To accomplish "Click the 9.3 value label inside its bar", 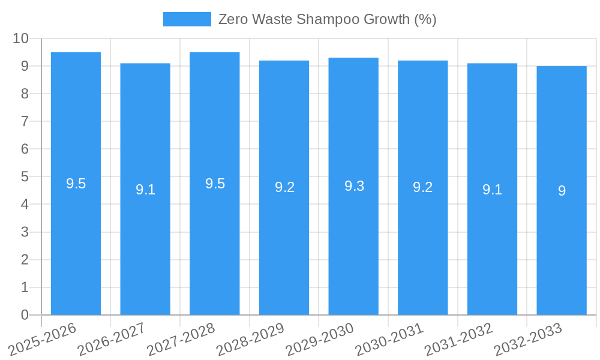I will (x=354, y=186).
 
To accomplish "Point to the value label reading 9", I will (x=562, y=191).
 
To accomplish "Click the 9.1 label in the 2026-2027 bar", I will (x=145, y=190).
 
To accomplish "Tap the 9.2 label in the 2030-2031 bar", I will (x=422, y=187).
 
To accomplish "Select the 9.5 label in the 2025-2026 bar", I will (x=76, y=184).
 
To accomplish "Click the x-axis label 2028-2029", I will (x=250, y=339).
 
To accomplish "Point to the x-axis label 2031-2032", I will (x=458, y=339).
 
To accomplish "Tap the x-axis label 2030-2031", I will (x=389, y=339).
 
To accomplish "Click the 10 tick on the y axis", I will (x=21, y=38).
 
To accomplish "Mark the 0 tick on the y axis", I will (x=25, y=315).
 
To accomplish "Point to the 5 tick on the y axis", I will (x=25, y=177).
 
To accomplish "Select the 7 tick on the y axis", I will (x=25, y=121).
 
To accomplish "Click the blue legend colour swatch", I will (x=187, y=19).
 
